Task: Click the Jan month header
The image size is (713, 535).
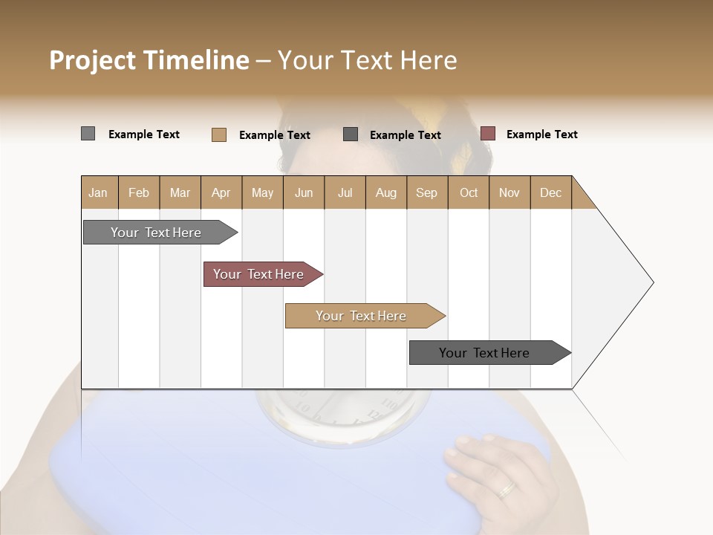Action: [x=99, y=192]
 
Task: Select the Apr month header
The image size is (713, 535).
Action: [x=221, y=192]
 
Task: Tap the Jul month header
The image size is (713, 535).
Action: [x=345, y=192]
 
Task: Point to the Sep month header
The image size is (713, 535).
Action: [x=427, y=192]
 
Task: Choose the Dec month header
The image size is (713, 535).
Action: [x=550, y=192]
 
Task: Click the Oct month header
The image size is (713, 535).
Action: [x=469, y=192]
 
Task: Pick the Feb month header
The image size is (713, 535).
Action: [x=139, y=192]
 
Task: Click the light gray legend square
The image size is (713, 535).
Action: [x=88, y=134]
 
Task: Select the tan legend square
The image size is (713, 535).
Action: [x=218, y=134]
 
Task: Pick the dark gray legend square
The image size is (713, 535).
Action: [x=351, y=134]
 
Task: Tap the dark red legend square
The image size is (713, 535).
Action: [x=488, y=134]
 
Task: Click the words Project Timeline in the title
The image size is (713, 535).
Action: [x=149, y=60]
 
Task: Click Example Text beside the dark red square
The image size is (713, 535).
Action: [x=541, y=134]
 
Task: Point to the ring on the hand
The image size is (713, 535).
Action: [x=507, y=488]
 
